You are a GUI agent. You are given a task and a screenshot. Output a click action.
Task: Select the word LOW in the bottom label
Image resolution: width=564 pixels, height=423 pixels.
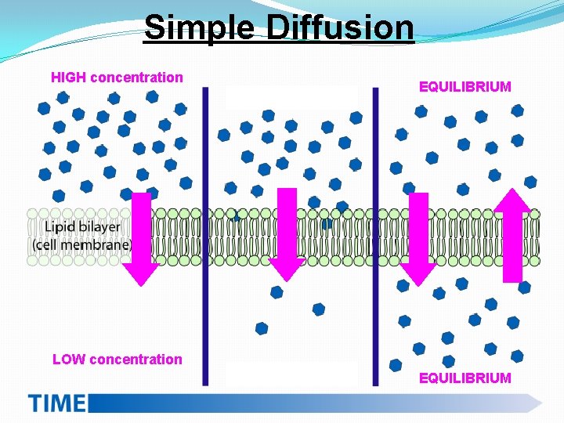point(69,360)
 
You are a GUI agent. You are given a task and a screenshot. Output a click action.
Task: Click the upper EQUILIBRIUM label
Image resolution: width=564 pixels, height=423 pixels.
point(465,87)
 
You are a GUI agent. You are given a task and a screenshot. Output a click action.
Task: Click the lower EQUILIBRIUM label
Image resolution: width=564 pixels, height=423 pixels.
point(465,378)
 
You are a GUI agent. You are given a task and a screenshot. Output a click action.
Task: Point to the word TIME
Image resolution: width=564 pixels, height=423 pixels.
point(56,403)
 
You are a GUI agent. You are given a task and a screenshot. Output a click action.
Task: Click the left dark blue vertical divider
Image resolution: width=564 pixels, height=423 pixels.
point(205,235)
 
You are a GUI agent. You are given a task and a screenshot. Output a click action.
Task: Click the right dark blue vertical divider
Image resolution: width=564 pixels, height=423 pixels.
point(375,235)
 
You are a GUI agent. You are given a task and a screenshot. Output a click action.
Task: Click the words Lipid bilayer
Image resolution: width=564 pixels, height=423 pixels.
point(82,227)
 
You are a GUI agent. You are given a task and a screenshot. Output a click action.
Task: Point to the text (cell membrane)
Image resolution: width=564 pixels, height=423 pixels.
point(81,244)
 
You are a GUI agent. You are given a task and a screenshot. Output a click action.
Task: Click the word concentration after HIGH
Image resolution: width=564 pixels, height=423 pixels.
point(136,78)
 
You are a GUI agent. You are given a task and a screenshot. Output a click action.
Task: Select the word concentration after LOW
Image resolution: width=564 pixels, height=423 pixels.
point(136,360)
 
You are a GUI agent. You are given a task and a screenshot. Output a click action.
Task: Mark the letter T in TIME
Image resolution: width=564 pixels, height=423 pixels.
point(36,403)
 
